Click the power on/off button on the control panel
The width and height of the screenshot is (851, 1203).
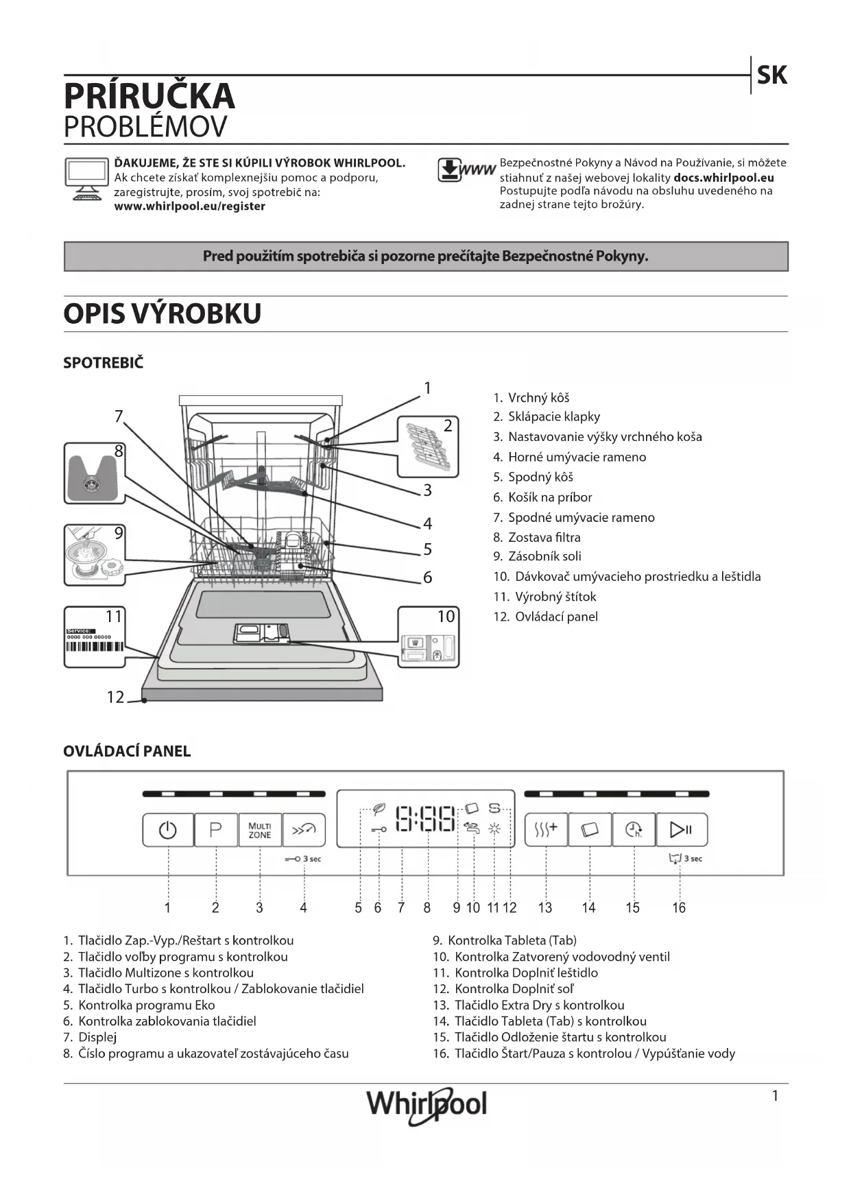click(x=168, y=831)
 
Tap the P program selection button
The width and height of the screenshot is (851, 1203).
click(x=215, y=831)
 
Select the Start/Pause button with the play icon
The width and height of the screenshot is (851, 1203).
click(x=681, y=831)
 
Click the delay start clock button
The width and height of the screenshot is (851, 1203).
click(x=634, y=831)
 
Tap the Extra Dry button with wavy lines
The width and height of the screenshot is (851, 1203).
click(x=546, y=831)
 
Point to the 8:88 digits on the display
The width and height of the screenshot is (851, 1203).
click(x=426, y=819)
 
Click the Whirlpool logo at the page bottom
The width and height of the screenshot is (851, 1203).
click(x=427, y=1104)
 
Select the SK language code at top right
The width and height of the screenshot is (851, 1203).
click(x=771, y=75)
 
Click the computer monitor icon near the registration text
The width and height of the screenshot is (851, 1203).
click(x=86, y=178)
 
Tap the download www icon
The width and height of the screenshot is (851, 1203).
click(x=466, y=170)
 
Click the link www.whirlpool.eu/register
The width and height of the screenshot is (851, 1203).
click(x=189, y=206)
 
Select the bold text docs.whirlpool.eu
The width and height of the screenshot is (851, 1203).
click(x=723, y=178)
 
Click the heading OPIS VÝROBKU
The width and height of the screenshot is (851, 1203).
click(x=163, y=313)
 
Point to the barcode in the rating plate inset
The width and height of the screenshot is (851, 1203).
click(x=95, y=647)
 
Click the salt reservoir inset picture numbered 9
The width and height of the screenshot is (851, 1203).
click(x=95, y=555)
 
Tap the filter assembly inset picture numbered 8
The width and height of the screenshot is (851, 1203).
click(x=95, y=473)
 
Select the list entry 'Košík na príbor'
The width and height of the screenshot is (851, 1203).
click(x=549, y=497)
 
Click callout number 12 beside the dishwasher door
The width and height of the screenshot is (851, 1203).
click(x=115, y=698)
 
